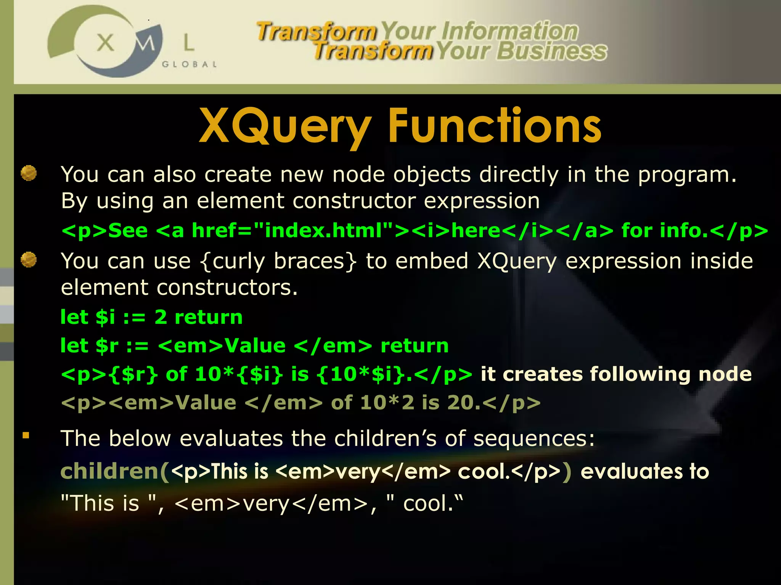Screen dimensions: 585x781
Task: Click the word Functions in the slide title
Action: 494,126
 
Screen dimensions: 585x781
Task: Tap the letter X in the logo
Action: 105,43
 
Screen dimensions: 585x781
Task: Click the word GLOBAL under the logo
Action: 190,64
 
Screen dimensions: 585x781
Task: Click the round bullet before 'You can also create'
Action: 29,173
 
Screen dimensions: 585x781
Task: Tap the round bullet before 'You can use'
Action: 29,260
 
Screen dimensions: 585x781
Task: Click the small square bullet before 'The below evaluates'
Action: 26,435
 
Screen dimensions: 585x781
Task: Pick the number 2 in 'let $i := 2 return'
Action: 161,317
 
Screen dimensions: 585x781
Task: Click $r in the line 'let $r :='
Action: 107,346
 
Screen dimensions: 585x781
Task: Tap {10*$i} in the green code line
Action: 360,374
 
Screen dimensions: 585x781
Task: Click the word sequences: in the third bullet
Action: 534,438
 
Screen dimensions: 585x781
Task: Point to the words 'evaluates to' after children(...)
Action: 644,472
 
